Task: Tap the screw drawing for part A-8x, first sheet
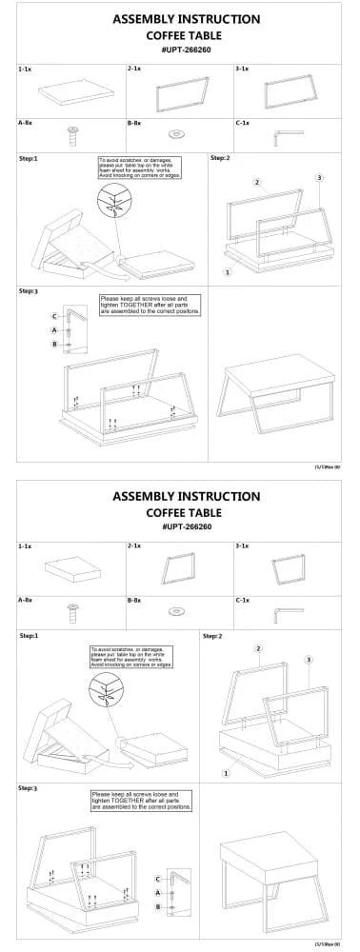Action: pos(71,133)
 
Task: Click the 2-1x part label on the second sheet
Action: pos(134,547)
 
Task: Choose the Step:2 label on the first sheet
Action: pos(220,158)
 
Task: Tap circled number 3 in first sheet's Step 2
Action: pos(318,177)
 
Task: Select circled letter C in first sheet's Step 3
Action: pos(55,315)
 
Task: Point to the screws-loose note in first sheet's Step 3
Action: pos(150,305)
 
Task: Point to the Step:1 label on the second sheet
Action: pos(30,635)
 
